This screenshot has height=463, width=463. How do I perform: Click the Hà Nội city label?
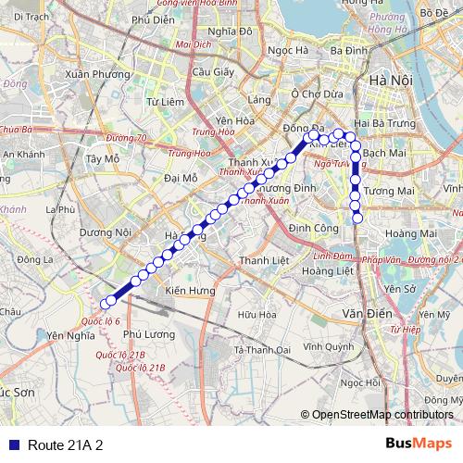coord(389,81)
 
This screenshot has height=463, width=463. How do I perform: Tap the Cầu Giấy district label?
coord(206,71)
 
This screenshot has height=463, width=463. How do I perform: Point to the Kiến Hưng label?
coord(190,291)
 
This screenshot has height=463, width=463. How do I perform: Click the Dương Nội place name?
coord(106,232)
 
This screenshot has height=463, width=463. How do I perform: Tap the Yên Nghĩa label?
coord(71,335)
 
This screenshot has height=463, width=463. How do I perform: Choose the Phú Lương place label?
coord(149,333)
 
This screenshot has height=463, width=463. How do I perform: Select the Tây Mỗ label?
coord(103,158)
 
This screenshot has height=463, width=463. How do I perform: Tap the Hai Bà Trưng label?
coord(381,122)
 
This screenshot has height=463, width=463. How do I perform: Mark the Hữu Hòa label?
coord(257,315)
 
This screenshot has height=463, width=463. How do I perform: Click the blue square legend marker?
coord(11,444)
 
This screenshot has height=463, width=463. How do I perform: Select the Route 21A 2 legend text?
coord(65,444)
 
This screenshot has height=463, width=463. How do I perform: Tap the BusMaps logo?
coord(419,444)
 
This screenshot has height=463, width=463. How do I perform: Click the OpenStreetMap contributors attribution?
coord(382,414)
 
